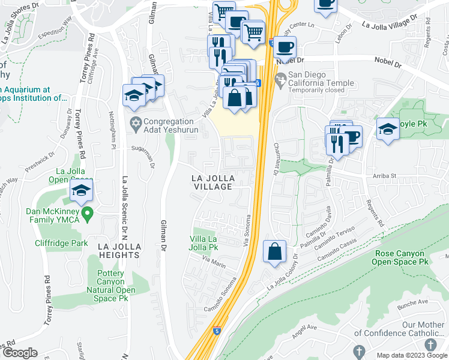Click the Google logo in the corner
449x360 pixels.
coord(20,353)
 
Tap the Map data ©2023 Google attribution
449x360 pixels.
coord(412,355)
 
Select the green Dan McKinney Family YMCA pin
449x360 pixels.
coord(88,212)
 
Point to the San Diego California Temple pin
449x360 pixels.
coord(280,79)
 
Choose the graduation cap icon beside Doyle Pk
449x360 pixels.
coord(388,129)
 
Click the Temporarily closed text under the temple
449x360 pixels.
coord(315,90)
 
